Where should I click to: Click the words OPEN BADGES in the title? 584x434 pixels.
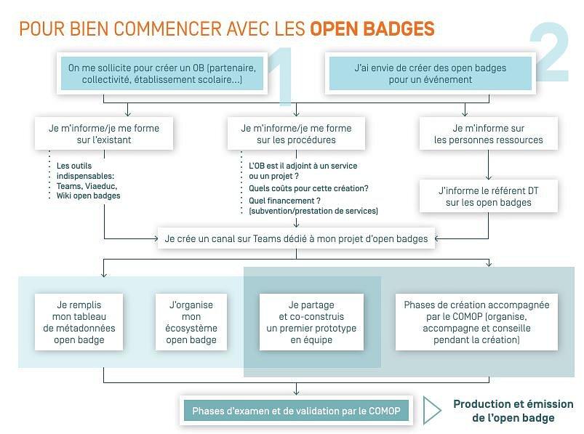372,29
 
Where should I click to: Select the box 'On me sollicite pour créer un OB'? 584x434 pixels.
162,73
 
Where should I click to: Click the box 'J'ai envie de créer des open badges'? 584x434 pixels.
430,73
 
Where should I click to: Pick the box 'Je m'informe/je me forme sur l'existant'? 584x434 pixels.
104,134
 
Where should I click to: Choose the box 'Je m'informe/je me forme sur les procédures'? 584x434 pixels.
296,134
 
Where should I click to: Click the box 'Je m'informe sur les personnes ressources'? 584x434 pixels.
488,134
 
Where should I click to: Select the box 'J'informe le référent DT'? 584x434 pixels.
488,196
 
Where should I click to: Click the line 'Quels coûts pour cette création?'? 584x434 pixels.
308,188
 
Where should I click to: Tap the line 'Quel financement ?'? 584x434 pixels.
284,200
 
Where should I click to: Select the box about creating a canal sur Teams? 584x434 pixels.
297,238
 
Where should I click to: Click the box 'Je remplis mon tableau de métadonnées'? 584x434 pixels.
79,322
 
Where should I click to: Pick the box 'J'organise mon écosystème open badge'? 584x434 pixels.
191,322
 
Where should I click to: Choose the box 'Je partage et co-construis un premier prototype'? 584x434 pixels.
311,322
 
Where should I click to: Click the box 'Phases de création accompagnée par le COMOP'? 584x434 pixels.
476,322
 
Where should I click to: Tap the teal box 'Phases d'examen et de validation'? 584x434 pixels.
296,411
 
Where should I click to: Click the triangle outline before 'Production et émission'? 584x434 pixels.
431,411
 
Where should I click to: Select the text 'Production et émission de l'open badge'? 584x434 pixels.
513,411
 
